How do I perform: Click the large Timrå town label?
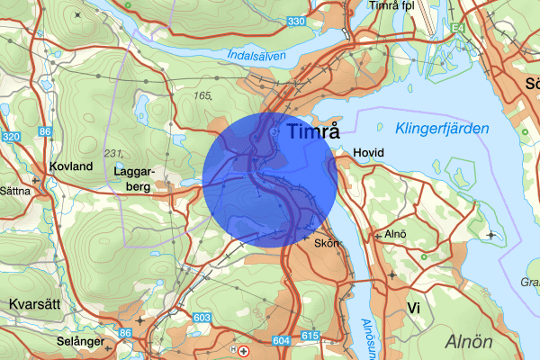point(315,131)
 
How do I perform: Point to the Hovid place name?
point(369,153)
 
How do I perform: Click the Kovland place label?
point(72,166)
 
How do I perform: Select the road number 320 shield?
point(11,137)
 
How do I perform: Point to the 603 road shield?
point(201,319)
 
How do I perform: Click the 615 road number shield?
point(310,336)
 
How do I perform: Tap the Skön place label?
point(326,243)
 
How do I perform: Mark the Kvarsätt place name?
point(33,303)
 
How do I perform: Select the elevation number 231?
point(112,152)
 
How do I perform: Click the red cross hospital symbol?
point(244,350)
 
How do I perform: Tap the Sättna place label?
point(14,191)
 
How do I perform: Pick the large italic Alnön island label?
point(469,342)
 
